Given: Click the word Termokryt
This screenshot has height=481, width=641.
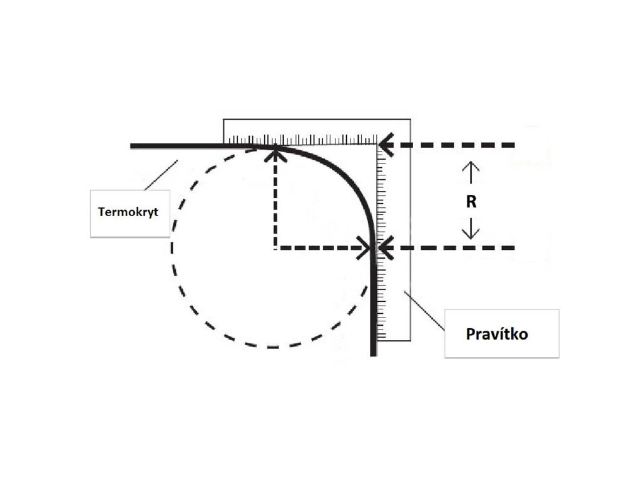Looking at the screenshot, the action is [x=128, y=212].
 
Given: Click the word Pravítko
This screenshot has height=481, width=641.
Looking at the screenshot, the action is [x=497, y=333].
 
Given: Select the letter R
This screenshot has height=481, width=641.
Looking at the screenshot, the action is [x=471, y=202].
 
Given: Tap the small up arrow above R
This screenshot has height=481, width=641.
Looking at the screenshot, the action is [x=471, y=172].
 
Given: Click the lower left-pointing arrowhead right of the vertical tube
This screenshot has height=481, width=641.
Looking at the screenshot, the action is [x=384, y=248].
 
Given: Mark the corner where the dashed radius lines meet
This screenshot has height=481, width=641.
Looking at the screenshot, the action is [x=275, y=248].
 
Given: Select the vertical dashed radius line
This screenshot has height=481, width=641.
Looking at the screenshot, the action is [x=275, y=200].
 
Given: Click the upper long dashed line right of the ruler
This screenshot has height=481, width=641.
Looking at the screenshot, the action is [x=457, y=145].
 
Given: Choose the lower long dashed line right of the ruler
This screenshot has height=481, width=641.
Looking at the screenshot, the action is [x=457, y=248].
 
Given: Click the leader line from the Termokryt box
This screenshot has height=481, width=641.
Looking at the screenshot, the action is [x=161, y=175].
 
